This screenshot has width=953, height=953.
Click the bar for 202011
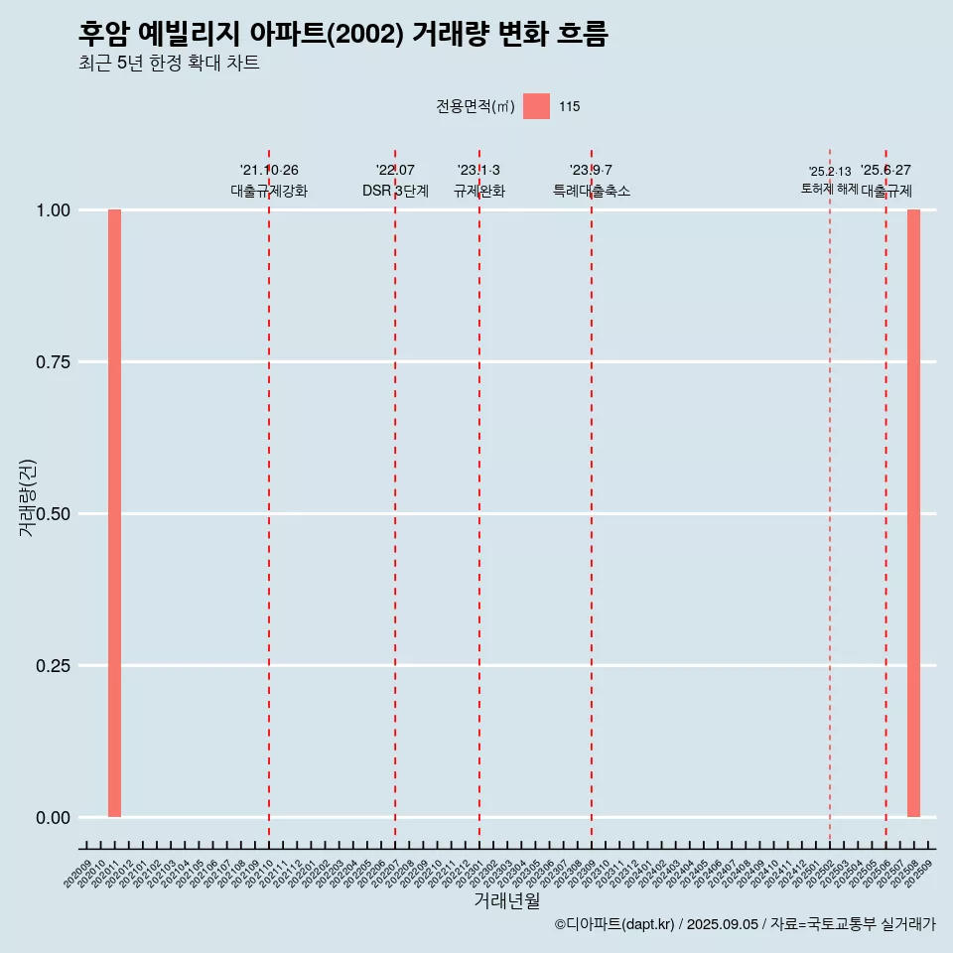tap(114, 513)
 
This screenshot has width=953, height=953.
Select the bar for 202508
tap(913, 513)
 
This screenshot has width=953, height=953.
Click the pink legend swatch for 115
tap(536, 106)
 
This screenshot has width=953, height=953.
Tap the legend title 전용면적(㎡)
tap(476, 106)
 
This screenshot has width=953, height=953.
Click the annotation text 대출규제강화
tap(269, 191)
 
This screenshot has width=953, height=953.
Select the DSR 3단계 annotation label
tap(395, 191)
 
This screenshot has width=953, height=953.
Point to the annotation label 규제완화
tap(479, 191)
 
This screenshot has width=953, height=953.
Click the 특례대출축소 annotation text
tap(592, 191)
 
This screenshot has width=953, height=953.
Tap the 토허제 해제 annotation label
tap(830, 189)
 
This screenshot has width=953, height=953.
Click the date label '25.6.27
tap(885, 171)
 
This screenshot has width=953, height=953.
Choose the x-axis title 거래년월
tap(506, 900)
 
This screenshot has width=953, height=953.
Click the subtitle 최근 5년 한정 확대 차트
tap(169, 64)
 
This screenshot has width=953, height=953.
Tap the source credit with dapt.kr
tap(745, 925)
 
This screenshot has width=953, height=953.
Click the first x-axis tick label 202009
tap(77, 875)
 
